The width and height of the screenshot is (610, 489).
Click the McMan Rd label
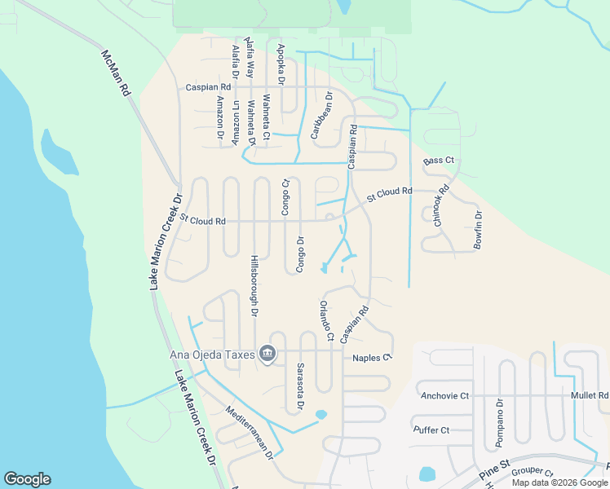tap(116, 73)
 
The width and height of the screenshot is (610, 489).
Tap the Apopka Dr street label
tap(281, 65)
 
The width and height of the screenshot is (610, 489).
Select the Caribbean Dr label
tap(320, 115)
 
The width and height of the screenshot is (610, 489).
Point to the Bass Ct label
tap(439, 161)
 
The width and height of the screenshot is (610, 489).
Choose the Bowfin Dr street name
tap(478, 230)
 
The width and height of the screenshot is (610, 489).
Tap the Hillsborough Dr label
tap(254, 289)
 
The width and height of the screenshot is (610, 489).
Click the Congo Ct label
tap(285, 197)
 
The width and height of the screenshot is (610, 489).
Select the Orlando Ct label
tap(326, 320)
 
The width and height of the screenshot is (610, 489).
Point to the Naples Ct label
tap(372, 358)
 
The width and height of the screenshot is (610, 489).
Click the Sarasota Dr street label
tap(300, 385)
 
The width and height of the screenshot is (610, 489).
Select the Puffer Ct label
tap(431, 430)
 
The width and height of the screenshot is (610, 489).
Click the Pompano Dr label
tap(499, 424)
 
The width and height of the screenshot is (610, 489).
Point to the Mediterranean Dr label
tap(249, 434)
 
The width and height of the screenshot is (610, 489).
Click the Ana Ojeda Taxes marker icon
tap(267, 353)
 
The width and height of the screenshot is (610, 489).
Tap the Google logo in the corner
tap(27, 479)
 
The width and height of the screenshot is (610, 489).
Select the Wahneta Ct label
tap(266, 119)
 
